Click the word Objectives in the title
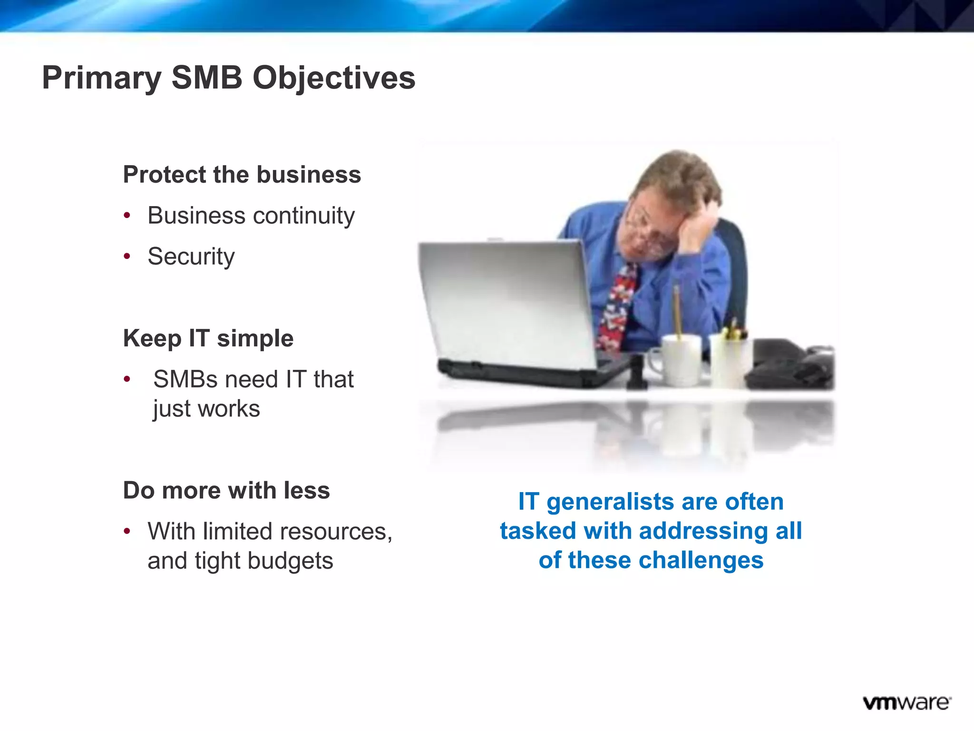tap(334, 78)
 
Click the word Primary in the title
tap(102, 78)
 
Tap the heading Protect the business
tap(242, 174)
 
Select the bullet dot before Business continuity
tap(127, 216)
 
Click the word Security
tap(191, 257)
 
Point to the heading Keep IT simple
tap(208, 338)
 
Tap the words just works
tap(206, 409)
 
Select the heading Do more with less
tap(226, 490)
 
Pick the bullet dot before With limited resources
tap(127, 531)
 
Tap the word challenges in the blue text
tap(701, 560)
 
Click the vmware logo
tap(906, 703)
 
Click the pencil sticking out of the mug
tap(676, 309)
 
